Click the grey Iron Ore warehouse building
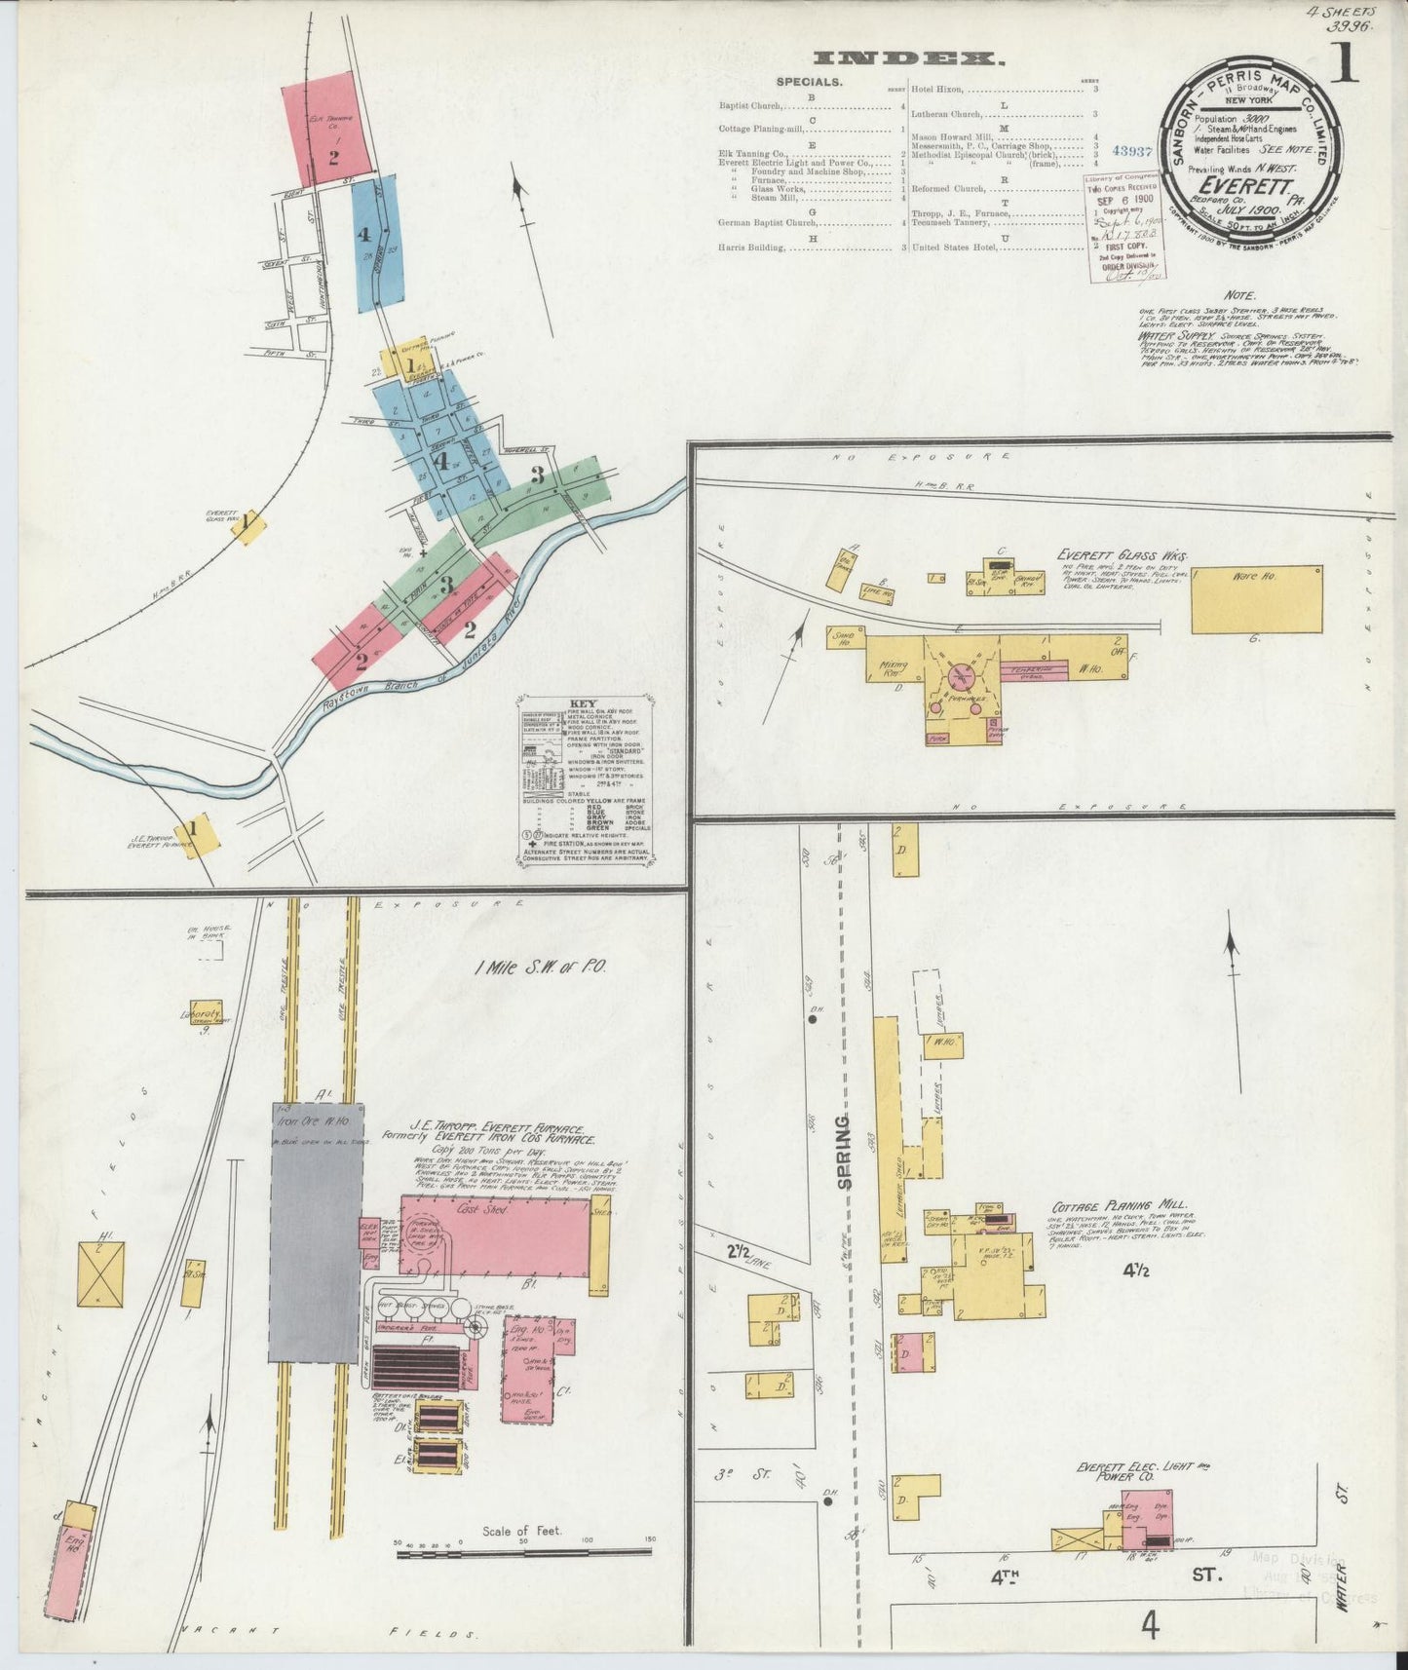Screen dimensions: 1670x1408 click(x=316, y=1233)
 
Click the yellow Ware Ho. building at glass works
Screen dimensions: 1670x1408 click(x=1257, y=599)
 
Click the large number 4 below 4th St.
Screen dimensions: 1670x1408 click(x=1151, y=1625)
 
